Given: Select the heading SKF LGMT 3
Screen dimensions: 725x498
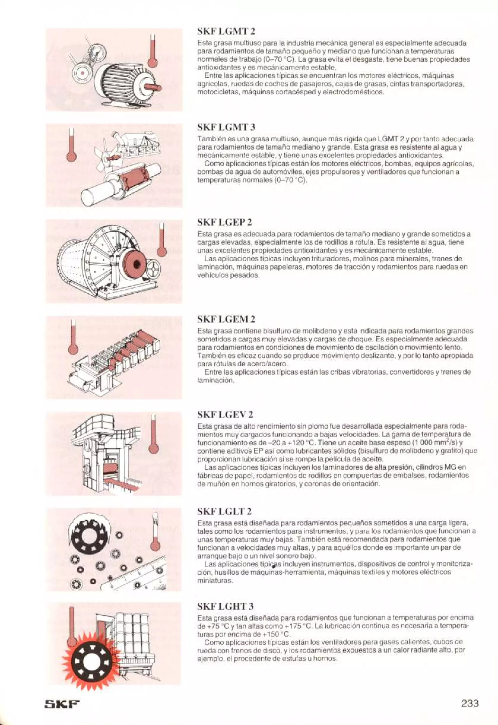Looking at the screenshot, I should tap(227, 127).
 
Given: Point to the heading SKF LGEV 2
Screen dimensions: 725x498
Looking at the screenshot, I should tap(225, 415).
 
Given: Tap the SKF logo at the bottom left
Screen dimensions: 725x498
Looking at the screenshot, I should tap(62, 696).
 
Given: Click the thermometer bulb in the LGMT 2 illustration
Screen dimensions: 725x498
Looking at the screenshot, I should tap(152, 62).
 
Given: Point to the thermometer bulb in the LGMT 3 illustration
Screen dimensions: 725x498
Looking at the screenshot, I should tap(71, 156).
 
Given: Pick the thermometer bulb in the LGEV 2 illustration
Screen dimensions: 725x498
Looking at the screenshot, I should tap(153, 448).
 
